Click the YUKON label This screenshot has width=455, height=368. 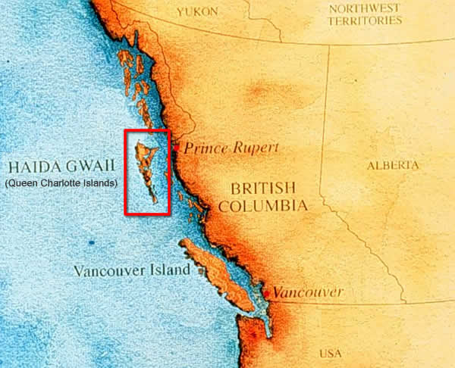tap(196, 12)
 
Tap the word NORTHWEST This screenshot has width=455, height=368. tap(363, 8)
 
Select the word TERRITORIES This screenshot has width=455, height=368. tap(365, 20)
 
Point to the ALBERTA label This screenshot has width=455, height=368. tap(392, 165)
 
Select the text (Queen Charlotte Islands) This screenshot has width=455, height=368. tap(61, 183)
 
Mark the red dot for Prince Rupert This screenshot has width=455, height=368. tap(176, 148)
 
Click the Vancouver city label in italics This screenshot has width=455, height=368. tap(308, 292)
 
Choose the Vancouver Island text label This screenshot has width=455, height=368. tap(131, 270)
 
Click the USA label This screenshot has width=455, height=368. tap(330, 353)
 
